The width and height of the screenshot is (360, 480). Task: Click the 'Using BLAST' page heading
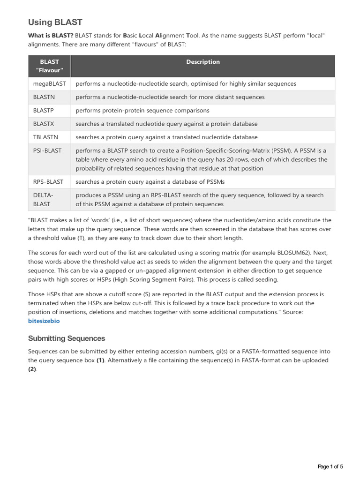tap(55, 22)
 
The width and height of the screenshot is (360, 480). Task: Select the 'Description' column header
tap(202, 62)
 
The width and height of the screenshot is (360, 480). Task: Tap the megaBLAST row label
tap(50, 84)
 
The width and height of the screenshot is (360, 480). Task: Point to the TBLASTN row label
tap(47, 137)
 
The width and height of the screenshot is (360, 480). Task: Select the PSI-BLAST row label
tap(47, 150)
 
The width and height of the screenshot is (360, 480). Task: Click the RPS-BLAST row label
tap(49, 181)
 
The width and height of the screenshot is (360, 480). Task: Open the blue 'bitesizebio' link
tap(44, 321)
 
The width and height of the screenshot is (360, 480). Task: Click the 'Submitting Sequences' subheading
tap(67, 338)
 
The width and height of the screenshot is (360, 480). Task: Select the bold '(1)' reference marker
tap(101, 360)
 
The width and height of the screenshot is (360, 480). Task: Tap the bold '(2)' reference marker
tap(32, 369)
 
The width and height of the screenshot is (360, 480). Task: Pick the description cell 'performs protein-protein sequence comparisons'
tap(142, 111)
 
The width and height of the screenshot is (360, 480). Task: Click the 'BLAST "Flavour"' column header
tap(49, 66)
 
